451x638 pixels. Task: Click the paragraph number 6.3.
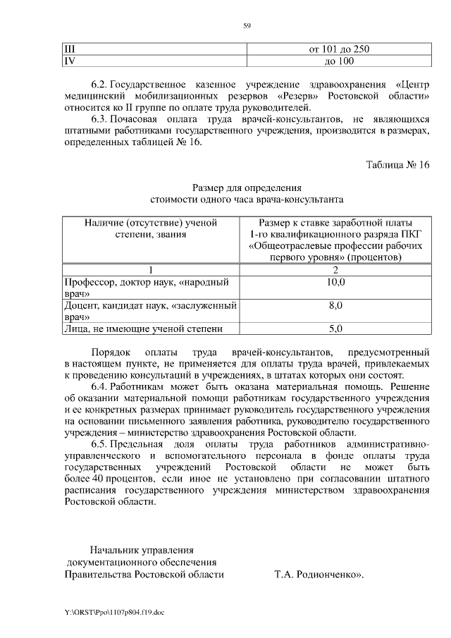(x=100, y=119)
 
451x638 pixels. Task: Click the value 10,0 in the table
(x=336, y=282)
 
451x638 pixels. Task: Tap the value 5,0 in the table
(x=336, y=328)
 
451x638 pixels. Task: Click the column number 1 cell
(x=151, y=270)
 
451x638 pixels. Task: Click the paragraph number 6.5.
(x=100, y=445)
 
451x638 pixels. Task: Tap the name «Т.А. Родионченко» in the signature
(x=318, y=574)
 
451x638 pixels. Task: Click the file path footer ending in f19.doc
(x=113, y=613)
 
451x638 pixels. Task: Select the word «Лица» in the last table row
(x=76, y=328)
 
